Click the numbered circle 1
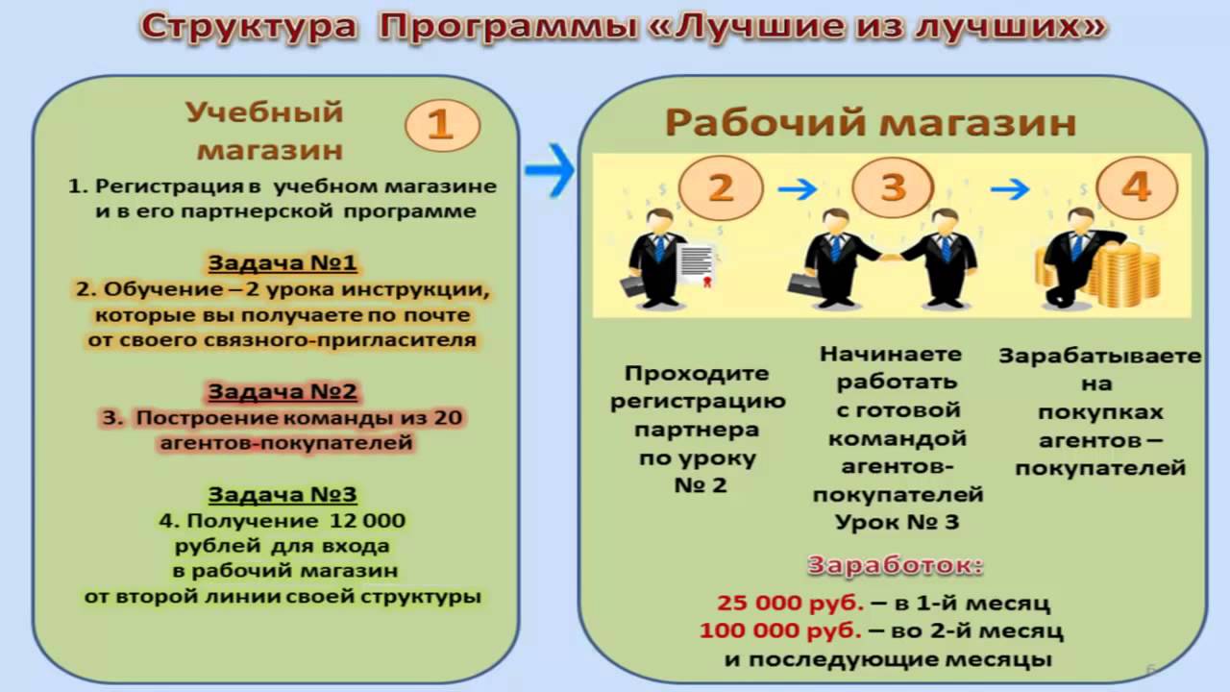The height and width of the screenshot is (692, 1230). tap(443, 125)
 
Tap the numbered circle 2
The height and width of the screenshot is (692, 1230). tap(721, 187)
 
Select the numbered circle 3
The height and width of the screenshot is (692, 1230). tap(893, 186)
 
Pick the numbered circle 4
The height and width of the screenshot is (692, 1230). tap(1137, 187)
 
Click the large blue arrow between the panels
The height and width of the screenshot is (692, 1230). tap(549, 170)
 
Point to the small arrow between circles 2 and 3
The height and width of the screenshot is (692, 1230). tap(798, 189)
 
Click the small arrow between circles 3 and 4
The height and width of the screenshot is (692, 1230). tap(1010, 189)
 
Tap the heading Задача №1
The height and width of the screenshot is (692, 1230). tap(283, 263)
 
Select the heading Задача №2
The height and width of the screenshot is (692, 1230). tap(283, 391)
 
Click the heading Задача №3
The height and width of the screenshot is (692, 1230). tap(283, 495)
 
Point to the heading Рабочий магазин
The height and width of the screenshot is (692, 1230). tap(871, 123)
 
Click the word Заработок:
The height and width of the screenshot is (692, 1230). tap(895, 566)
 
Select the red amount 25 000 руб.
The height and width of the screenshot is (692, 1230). tap(790, 603)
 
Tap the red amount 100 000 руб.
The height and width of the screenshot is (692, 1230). tap(780, 630)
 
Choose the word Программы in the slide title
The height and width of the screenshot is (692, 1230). tap(508, 26)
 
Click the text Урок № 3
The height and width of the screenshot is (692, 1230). tap(898, 522)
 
